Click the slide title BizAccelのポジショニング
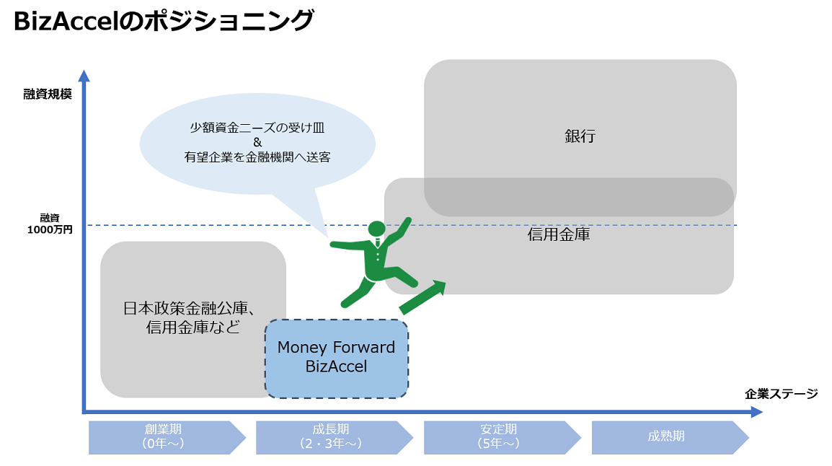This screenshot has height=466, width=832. [x=164, y=22]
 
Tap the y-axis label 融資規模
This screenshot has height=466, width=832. [x=48, y=94]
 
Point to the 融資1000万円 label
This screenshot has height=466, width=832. [x=50, y=224]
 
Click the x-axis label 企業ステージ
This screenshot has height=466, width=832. [x=781, y=394]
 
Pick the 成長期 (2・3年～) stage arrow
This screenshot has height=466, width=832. [x=335, y=437]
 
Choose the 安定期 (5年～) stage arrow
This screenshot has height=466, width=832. [x=502, y=437]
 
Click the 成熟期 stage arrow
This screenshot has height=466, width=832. [x=670, y=437]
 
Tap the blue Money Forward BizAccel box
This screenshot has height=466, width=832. [x=337, y=359]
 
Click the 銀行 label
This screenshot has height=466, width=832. [x=580, y=136]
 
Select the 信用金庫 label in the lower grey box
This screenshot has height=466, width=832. [x=559, y=234]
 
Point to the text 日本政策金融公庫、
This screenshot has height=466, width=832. [x=190, y=308]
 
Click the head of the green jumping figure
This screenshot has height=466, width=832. [x=377, y=229]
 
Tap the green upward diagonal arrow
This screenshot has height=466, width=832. [x=422, y=297]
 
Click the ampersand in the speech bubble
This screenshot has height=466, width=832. [x=257, y=142]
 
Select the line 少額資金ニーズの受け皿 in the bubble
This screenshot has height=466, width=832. [x=257, y=128]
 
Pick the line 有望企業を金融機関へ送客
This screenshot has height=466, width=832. [x=257, y=157]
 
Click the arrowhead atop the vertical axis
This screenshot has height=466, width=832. [x=84, y=76]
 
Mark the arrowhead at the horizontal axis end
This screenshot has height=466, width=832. [x=756, y=412]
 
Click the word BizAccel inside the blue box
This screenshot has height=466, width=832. [x=337, y=366]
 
